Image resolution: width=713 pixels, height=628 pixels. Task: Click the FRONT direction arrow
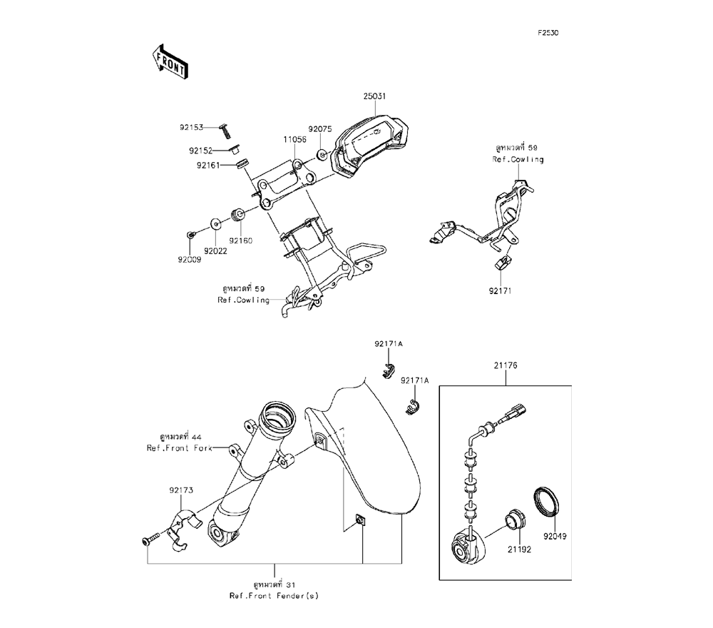pyautogui.click(x=170, y=61)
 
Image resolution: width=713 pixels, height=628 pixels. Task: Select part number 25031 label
pyautogui.click(x=374, y=96)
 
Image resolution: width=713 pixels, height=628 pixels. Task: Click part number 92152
pyautogui.click(x=201, y=151)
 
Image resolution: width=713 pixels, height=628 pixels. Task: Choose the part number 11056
pyautogui.click(x=294, y=140)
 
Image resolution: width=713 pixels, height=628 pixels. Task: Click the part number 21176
pyautogui.click(x=506, y=365)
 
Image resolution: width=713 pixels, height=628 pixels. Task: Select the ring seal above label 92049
pyautogui.click(x=548, y=501)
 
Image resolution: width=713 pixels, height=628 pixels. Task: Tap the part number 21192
pyautogui.click(x=520, y=550)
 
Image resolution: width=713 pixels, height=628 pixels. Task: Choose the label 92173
pyautogui.click(x=181, y=490)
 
